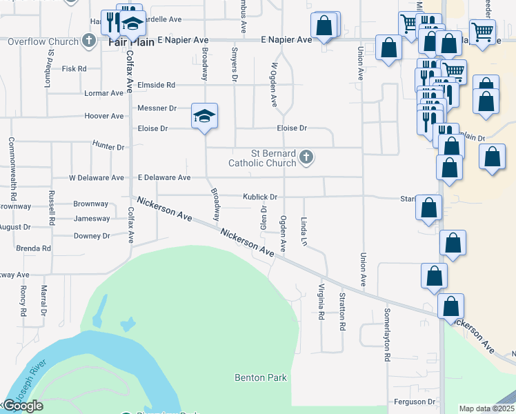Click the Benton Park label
point(260,377)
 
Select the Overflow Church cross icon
point(88,41)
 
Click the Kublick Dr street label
point(260,197)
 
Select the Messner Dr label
point(157,108)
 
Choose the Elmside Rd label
point(157,85)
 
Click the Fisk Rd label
point(74,69)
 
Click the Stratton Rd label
point(342,312)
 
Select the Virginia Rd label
point(321,302)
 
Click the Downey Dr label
point(92,236)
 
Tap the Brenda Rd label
point(33,248)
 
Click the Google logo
point(23,406)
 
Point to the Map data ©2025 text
point(486,408)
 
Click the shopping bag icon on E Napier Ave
point(324,26)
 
